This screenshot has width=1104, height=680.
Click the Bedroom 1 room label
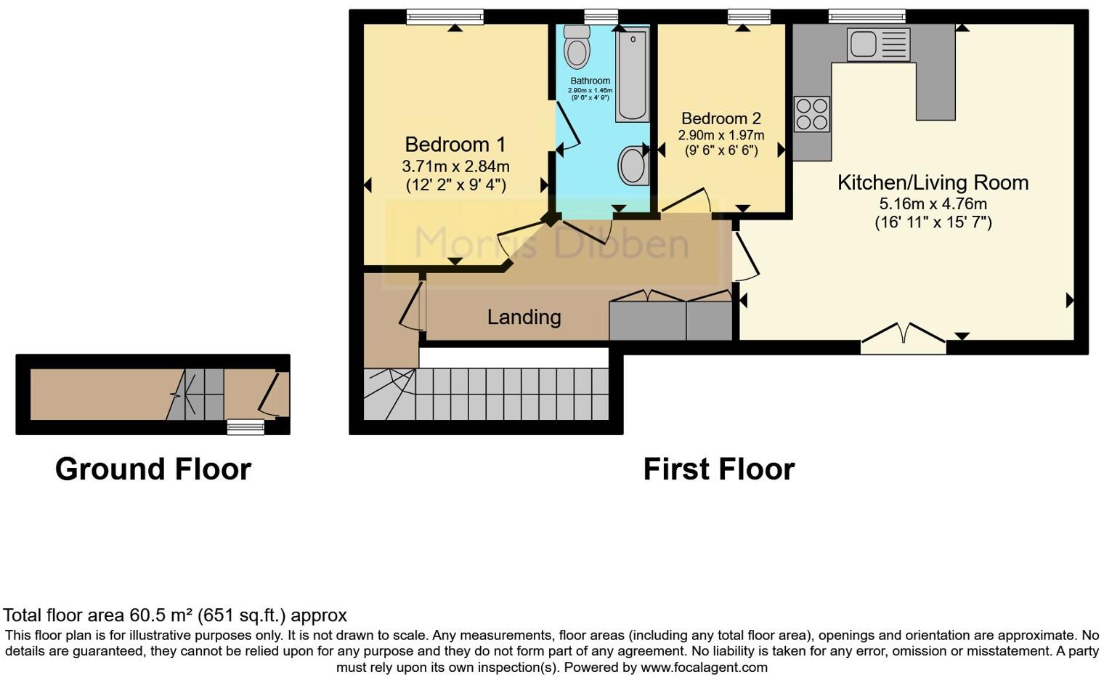[x=455, y=145]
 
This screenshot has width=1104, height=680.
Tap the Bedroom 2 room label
[x=721, y=118]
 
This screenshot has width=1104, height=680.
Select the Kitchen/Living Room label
[x=933, y=182]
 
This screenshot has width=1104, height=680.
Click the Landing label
[x=524, y=317]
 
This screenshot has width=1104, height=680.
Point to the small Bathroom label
[x=590, y=81]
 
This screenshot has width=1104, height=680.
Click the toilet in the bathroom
[x=577, y=47]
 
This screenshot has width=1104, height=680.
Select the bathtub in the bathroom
[x=632, y=76]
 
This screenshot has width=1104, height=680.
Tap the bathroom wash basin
[x=633, y=166]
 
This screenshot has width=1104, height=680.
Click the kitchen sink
[x=877, y=44]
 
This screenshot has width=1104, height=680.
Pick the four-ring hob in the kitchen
[x=811, y=114]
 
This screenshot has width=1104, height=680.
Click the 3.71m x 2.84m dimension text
[x=455, y=166]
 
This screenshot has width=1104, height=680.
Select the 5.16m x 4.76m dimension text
[x=933, y=204]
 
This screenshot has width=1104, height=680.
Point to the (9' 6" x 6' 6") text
[x=721, y=150]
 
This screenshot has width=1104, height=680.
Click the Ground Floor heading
[x=153, y=469]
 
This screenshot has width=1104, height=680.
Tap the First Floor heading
[x=718, y=469]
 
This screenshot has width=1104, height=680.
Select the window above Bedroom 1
[x=445, y=16]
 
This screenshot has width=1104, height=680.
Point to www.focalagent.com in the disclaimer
[x=704, y=667]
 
